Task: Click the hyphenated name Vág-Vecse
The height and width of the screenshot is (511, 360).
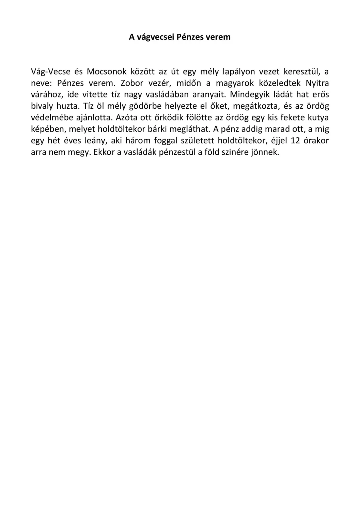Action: pos(51,72)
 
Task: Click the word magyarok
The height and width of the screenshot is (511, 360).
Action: pos(235,83)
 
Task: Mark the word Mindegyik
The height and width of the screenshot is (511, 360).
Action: pos(250,94)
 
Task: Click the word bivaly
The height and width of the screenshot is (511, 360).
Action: pos(42,106)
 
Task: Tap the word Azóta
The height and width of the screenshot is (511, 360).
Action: pos(126,118)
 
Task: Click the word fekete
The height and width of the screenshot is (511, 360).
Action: pos(293,118)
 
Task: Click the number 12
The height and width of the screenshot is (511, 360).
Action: pos(295,141)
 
